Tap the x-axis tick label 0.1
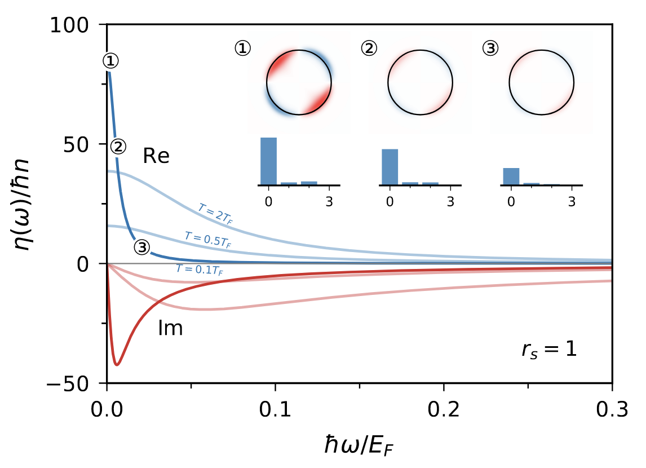(x=275, y=408)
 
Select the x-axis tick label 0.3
(x=612, y=408)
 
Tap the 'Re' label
(x=156, y=156)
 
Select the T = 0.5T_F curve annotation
(x=207, y=239)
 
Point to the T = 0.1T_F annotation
(x=199, y=269)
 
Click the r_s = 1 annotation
(x=548, y=350)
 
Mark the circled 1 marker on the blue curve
(x=111, y=60)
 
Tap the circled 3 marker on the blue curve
(x=141, y=247)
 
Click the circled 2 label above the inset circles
(x=369, y=49)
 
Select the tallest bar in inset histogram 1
(x=268, y=161)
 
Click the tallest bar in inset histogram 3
(x=511, y=176)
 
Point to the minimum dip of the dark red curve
(x=117, y=364)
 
